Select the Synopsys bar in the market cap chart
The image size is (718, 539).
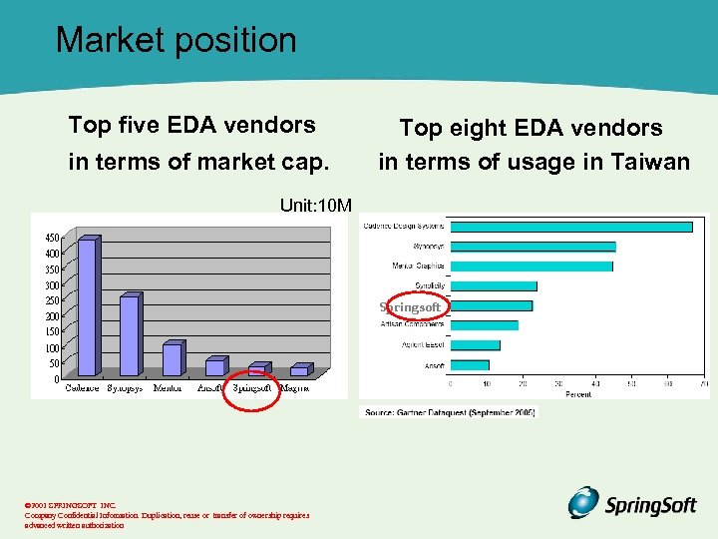click(x=129, y=335)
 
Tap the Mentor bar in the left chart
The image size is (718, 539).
click(x=172, y=359)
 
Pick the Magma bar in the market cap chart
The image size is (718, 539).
click(x=298, y=371)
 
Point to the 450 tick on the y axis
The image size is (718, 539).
click(x=50, y=238)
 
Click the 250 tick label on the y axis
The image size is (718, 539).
click(x=50, y=300)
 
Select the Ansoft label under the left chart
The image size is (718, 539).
click(x=210, y=388)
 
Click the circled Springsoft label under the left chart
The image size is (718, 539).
click(x=252, y=388)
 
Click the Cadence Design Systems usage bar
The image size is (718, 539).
click(x=570, y=227)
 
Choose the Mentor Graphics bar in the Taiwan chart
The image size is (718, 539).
click(x=531, y=266)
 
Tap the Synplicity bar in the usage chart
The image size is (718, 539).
click(x=493, y=285)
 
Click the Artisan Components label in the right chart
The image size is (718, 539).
click(x=412, y=324)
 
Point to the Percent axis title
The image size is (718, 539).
click(x=578, y=394)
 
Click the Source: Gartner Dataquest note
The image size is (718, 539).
click(x=448, y=411)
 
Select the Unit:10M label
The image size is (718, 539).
click(x=315, y=206)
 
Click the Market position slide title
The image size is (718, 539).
click(x=177, y=40)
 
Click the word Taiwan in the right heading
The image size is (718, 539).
click(x=648, y=162)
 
